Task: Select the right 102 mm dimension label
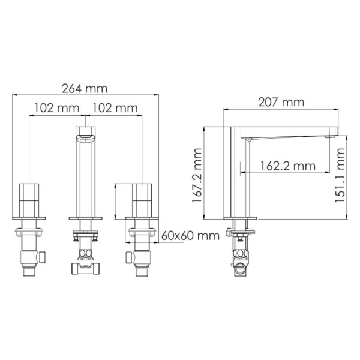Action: (x=113, y=108)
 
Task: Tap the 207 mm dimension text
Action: (x=281, y=103)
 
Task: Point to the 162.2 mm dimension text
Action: (x=287, y=164)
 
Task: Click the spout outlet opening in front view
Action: (x=85, y=136)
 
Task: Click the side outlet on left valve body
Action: (x=43, y=256)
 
